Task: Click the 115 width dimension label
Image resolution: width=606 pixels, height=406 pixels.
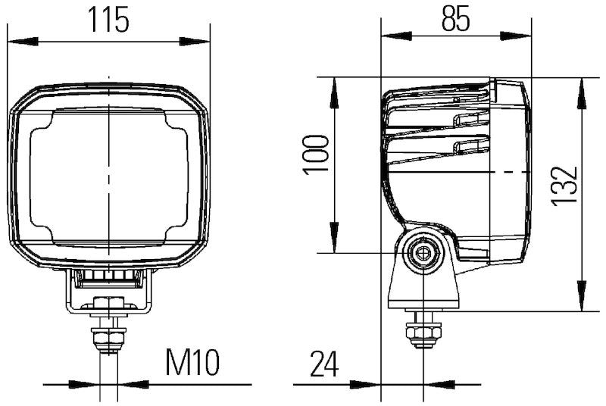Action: (108, 20)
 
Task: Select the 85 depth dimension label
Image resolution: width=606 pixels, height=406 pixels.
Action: (456, 18)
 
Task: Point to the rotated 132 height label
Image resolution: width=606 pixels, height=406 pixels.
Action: (564, 186)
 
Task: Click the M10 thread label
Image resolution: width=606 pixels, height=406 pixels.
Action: (192, 364)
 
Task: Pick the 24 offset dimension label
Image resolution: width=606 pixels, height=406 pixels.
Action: (324, 365)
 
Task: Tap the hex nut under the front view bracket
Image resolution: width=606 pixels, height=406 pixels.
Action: (108, 334)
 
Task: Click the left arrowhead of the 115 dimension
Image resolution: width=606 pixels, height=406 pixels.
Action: (21, 40)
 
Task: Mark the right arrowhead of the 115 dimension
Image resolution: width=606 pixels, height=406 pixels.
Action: (195, 40)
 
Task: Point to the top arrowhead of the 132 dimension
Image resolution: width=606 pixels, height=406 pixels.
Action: (581, 91)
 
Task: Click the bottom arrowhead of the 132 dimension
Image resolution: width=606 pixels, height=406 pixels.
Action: (581, 297)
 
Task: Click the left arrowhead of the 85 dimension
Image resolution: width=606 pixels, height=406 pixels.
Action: (395, 36)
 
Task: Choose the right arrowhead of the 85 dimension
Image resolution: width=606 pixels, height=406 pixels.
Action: (517, 36)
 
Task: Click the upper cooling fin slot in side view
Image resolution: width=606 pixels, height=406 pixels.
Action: (470, 118)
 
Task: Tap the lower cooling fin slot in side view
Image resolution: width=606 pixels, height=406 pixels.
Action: (470, 146)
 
